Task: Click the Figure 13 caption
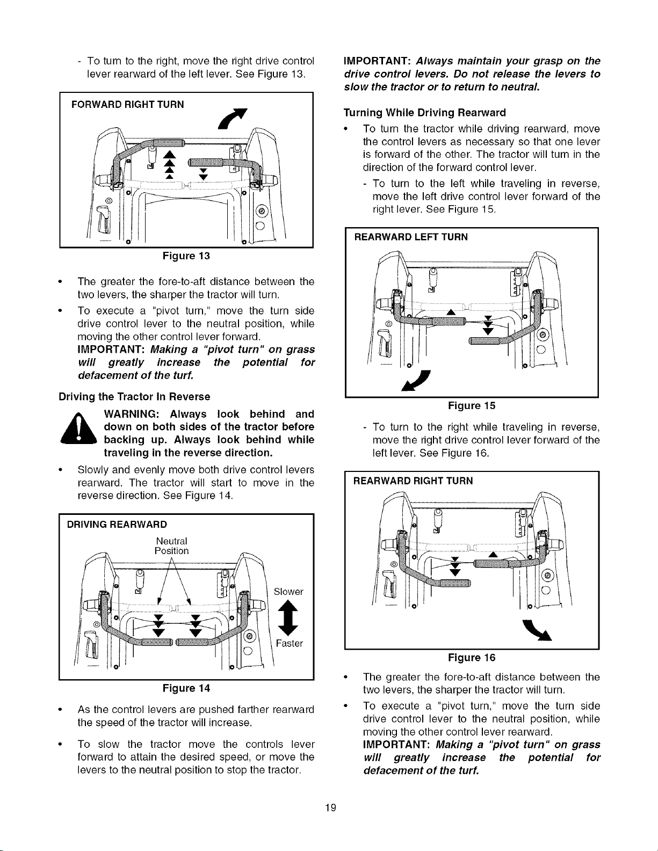186,256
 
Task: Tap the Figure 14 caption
186,688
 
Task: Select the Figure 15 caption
472,406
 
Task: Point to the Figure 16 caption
472,658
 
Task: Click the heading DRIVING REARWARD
117,524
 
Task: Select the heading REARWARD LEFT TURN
410,237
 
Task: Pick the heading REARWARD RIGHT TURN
413,481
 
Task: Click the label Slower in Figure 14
288,592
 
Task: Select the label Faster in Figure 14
289,643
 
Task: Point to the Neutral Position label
171,546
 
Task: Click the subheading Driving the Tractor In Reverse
134,397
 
